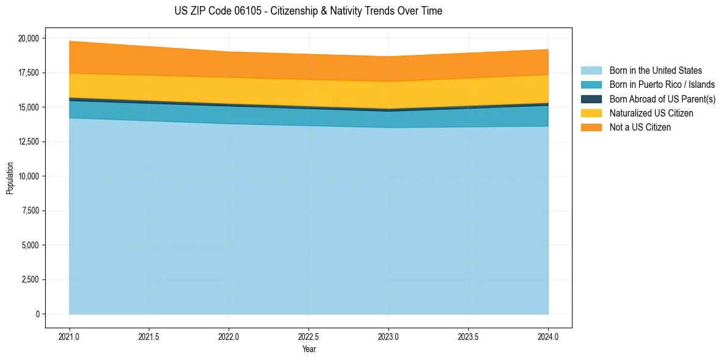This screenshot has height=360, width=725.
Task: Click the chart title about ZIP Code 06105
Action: [308, 11]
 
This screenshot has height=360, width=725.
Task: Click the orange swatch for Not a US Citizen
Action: [591, 128]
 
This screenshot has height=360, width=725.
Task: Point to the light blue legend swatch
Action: [591, 71]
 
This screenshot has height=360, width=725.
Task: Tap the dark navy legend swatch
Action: [591, 99]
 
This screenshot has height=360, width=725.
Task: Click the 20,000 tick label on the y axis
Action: [29, 38]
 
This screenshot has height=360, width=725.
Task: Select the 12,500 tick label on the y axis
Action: [29, 142]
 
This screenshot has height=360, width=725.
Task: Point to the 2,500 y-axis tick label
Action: [30, 279]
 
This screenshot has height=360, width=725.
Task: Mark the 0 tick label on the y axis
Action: [37, 314]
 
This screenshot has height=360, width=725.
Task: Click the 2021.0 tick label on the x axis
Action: [70, 337]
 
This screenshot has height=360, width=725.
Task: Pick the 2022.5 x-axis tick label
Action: [309, 337]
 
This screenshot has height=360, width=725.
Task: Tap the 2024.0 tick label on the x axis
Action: [548, 337]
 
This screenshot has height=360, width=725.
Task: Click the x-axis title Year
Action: [309, 350]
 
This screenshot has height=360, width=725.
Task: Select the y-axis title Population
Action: [10, 178]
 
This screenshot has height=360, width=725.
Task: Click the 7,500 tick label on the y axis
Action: [30, 211]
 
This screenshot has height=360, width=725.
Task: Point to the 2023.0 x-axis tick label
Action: [388, 337]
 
